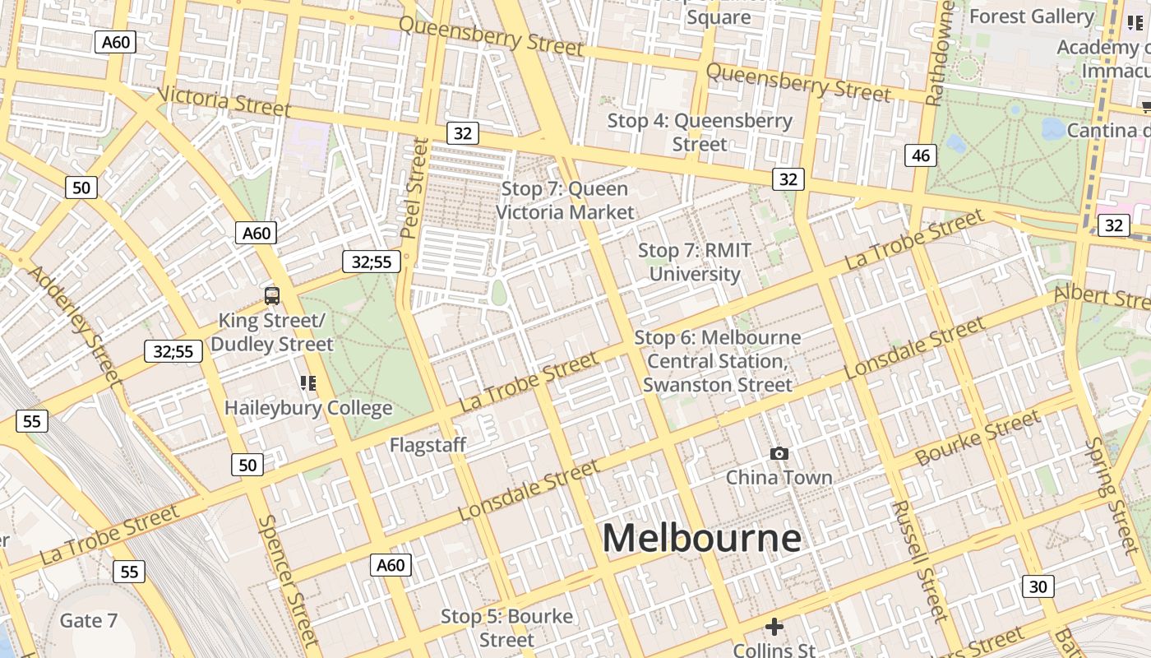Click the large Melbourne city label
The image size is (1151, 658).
(x=701, y=539)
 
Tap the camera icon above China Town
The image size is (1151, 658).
(x=779, y=453)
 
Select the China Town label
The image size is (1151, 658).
(x=779, y=477)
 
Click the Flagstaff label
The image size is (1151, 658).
(x=428, y=445)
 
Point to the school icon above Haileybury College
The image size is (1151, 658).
(x=307, y=382)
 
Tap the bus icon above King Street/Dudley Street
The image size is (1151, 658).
(x=271, y=296)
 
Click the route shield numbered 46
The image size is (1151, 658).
(x=920, y=155)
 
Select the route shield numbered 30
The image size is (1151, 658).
(x=1038, y=586)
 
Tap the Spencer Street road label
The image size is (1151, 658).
(x=287, y=580)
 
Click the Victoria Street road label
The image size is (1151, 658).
(x=223, y=101)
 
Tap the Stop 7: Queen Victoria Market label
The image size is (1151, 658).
(x=565, y=200)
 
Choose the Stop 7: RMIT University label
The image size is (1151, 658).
(x=695, y=262)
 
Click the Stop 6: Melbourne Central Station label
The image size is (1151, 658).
(x=717, y=361)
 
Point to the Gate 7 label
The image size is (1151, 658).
(x=89, y=620)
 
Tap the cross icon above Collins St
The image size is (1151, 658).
(x=774, y=627)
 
